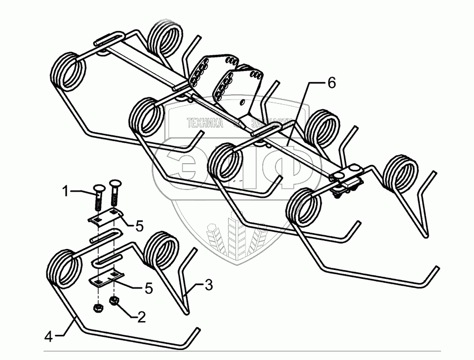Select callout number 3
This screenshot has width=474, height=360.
click(x=209, y=286)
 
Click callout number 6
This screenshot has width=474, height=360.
click(x=330, y=83)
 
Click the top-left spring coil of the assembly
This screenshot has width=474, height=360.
click(x=69, y=72)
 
